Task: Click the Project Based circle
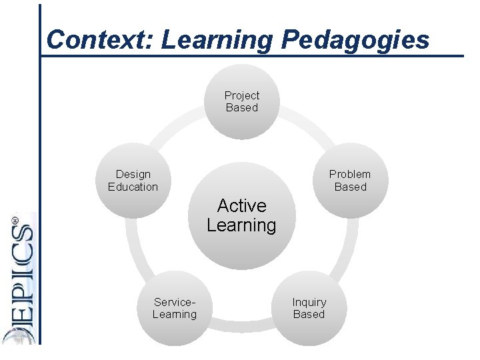241,101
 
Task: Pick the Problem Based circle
350,180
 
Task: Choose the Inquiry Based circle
309,308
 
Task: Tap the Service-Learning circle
175,308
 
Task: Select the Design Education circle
133,180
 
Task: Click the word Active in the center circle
241,205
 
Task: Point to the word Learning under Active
241,225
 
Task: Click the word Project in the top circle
241,95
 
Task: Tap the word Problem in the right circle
350,174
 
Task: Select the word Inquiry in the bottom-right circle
309,302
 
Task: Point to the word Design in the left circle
133,174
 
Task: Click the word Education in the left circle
133,187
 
